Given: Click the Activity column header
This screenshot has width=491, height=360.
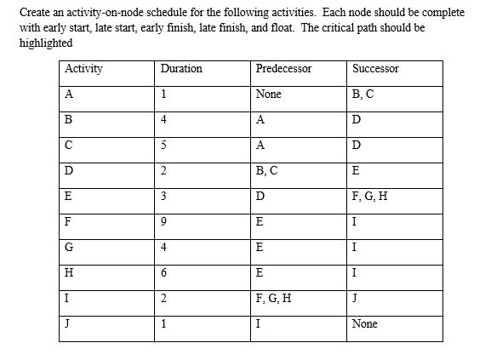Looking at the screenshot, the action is (x=84, y=68).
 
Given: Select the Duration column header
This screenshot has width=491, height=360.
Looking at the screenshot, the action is (x=180, y=68).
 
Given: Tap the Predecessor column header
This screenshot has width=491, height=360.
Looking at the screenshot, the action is (x=283, y=68).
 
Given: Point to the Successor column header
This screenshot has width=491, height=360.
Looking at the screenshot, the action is (x=375, y=68).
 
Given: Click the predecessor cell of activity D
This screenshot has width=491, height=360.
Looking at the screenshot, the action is (x=266, y=170).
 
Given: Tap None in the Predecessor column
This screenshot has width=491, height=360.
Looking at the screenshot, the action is (x=268, y=94).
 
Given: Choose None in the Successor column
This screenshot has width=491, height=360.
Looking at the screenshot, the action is (x=364, y=324).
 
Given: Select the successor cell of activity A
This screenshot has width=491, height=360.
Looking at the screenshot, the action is (x=363, y=94).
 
